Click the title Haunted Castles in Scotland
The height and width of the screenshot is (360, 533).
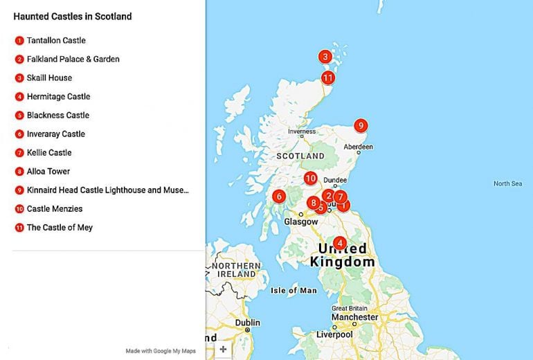73,16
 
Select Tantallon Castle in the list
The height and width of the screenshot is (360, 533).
56,41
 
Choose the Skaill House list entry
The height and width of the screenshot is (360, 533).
49,78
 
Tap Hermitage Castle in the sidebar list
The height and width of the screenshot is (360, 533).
58,97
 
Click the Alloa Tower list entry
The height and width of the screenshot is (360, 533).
48,172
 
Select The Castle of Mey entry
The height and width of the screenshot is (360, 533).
60,228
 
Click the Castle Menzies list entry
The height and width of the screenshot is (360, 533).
55,209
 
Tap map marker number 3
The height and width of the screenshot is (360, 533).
325,57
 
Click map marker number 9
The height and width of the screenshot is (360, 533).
360,125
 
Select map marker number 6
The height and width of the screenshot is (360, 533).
279,196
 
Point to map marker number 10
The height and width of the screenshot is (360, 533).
311,178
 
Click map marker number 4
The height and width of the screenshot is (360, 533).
339,243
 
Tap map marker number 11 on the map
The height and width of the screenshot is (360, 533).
328,78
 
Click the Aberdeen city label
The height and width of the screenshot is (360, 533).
359,147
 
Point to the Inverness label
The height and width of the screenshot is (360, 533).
302,132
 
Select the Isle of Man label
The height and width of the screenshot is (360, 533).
293,290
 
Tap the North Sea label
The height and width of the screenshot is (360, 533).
507,183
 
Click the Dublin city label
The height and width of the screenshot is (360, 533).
247,323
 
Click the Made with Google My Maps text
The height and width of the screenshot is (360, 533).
161,351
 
